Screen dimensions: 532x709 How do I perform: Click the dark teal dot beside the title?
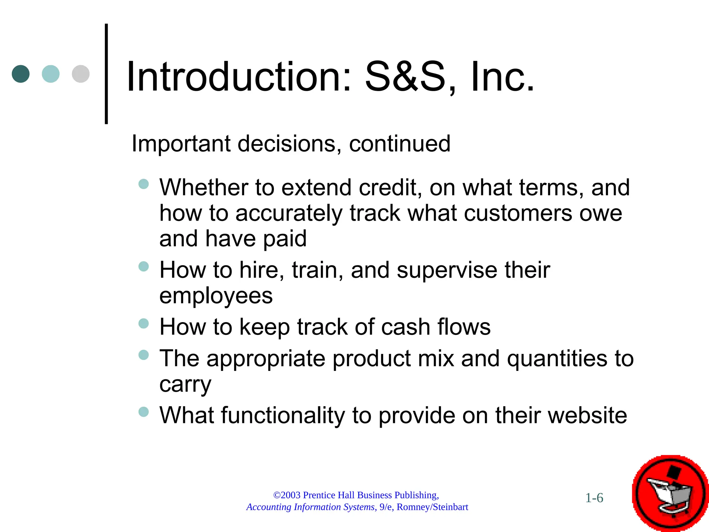tap(20, 74)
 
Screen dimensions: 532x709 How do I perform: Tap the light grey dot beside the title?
tap(81, 74)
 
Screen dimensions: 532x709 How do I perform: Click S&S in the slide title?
tap(405, 77)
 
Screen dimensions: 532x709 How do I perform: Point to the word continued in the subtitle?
tap(400, 144)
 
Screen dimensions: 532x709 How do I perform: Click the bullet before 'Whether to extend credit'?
tap(143, 184)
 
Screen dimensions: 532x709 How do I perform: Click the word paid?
tap(285, 239)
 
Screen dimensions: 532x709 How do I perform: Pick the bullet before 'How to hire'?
tap(143, 266)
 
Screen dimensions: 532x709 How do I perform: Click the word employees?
tap(216, 296)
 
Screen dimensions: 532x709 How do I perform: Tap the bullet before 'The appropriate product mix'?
tap(143, 355)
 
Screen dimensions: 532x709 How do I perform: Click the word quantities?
tap(557, 358)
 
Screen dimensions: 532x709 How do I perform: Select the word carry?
tap(185, 384)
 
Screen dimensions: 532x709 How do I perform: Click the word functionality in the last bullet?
tap(283, 415)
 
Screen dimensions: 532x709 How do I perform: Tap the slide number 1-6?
tap(594, 498)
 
